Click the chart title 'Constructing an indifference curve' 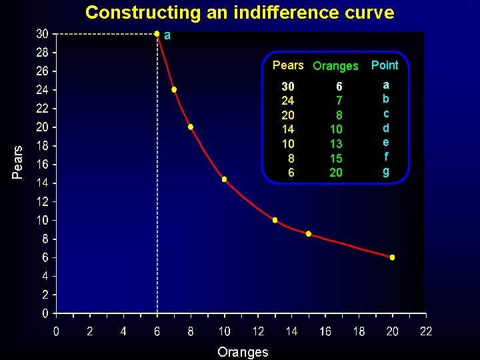coord(239,13)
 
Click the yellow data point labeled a coord(157,33)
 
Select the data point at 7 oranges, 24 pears coord(174,89)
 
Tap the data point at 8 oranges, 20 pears coord(191,127)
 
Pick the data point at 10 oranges coord(225,179)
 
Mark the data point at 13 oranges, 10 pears coord(275,220)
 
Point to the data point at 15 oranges coord(309,234)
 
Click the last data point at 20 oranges coord(392,257)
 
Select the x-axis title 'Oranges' coord(243,352)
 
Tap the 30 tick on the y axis coord(41,33)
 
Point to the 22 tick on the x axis coord(426,331)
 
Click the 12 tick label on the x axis coord(258,331)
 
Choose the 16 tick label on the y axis coord(41,164)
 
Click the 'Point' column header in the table coord(385,65)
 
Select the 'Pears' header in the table coord(288,65)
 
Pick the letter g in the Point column coord(386,171)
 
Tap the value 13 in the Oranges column coord(336,144)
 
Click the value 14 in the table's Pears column coord(287,129)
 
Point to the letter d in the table coord(386,127)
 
